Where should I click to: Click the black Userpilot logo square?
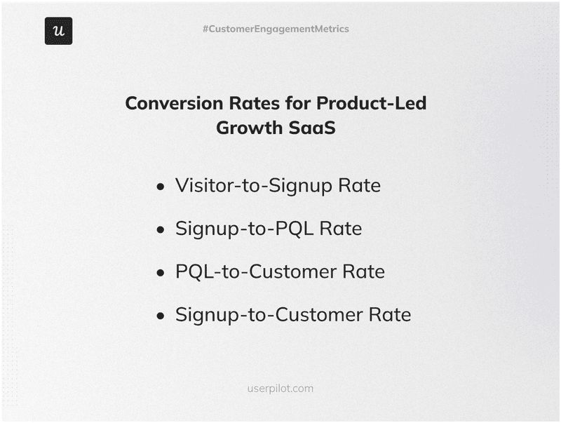tap(58, 31)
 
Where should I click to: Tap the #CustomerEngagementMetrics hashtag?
tap(276, 29)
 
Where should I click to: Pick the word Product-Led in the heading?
tap(371, 103)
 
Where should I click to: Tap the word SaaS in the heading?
tap(313, 128)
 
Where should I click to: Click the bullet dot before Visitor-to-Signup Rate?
tap(161, 187)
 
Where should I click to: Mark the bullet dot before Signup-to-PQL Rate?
tap(161, 229)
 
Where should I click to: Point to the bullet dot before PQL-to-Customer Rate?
tap(161, 272)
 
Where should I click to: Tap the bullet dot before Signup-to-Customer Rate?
tap(161, 315)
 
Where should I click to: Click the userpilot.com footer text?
tap(280, 388)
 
